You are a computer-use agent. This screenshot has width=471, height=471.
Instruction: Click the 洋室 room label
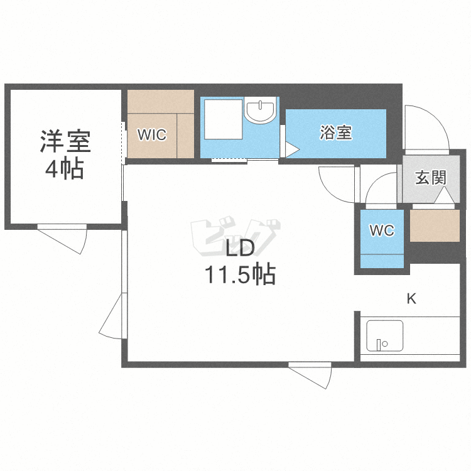pyautogui.click(x=65, y=141)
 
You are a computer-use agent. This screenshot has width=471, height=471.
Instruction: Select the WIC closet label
pyautogui.click(x=152, y=134)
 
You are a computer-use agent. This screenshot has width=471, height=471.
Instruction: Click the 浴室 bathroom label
pyautogui.click(x=336, y=132)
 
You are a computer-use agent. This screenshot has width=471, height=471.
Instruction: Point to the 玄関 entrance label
pyautogui.click(x=431, y=178)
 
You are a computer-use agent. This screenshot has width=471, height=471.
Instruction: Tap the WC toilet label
pyautogui.click(x=382, y=230)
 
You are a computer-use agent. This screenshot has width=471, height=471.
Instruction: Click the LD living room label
pyautogui.click(x=240, y=249)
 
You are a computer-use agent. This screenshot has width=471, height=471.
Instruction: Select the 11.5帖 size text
pyautogui.click(x=240, y=274)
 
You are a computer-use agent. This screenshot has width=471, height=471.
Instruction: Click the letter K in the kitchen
pyautogui.click(x=411, y=299)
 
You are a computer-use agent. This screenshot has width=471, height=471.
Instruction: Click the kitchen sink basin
pyautogui.click(x=385, y=336)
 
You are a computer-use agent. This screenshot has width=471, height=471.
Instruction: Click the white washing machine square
pyautogui.click(x=224, y=119)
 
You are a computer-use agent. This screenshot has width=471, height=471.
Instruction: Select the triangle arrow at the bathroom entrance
pyautogui.click(x=292, y=149)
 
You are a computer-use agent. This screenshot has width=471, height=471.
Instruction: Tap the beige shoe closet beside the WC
pyautogui.click(x=435, y=225)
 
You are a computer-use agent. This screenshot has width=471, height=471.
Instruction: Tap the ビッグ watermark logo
pyautogui.click(x=235, y=238)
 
